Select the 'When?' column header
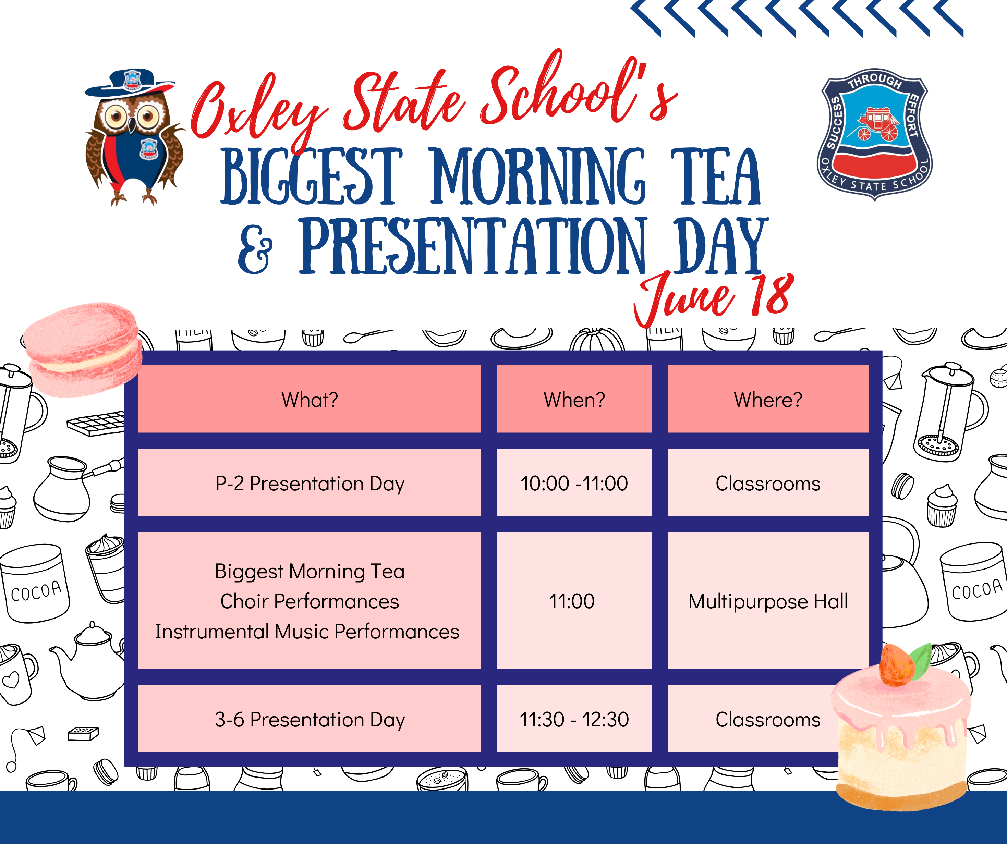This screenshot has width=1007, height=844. coord(574,400)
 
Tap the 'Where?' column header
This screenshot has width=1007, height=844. coord(768,400)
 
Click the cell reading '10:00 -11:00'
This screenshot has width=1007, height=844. coord(574,483)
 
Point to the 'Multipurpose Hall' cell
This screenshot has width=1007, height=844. coord(768,601)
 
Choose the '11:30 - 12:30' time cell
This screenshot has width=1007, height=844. coord(574,719)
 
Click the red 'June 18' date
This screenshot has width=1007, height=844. coord(715,297)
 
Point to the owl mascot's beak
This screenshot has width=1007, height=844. coord(131,126)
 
